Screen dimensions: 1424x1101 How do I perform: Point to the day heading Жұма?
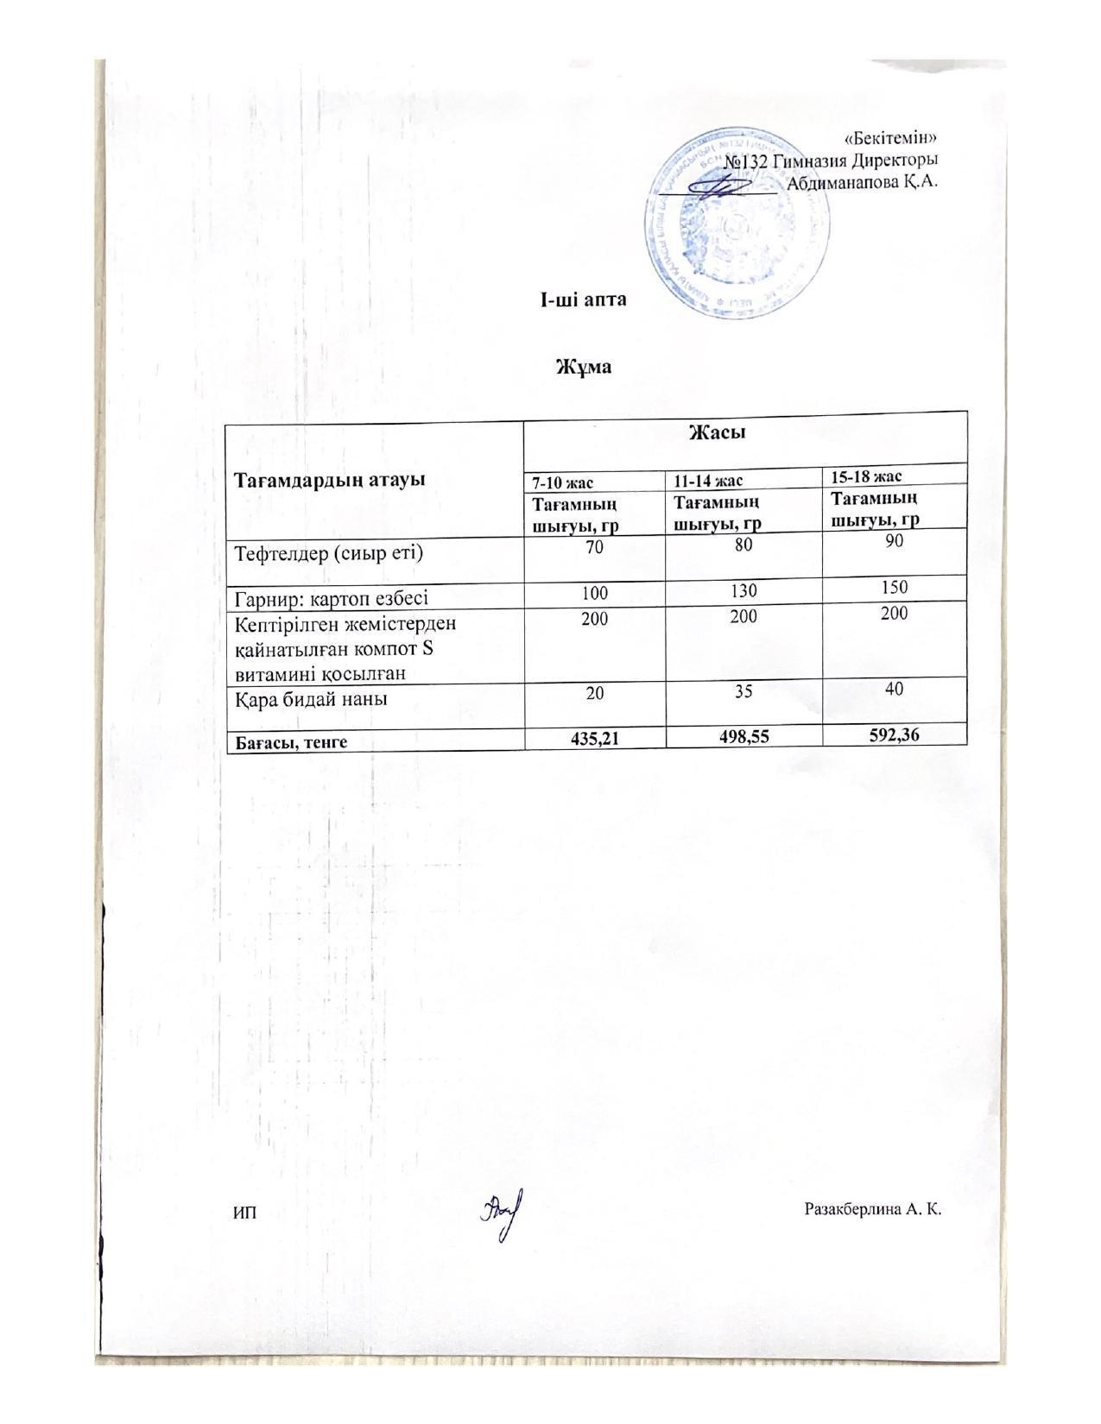pyautogui.click(x=583, y=367)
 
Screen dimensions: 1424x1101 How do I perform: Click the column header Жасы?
pyautogui.click(x=717, y=432)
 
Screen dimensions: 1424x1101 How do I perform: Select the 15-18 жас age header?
pyautogui.click(x=866, y=476)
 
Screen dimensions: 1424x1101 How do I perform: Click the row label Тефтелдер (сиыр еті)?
pyautogui.click(x=329, y=552)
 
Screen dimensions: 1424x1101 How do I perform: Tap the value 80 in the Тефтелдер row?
pyautogui.click(x=743, y=545)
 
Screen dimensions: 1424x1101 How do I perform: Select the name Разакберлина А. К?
pyautogui.click(x=872, y=1209)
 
